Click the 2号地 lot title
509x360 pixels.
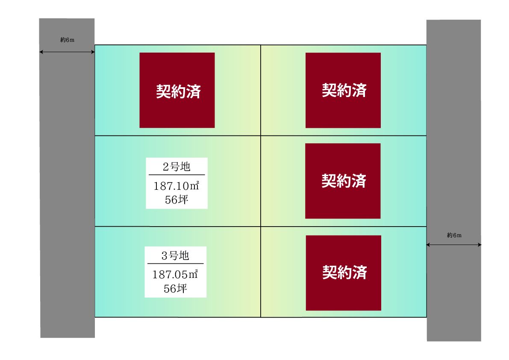(x=176, y=166)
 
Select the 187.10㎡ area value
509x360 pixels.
(x=176, y=186)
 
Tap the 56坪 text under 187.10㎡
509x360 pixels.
(x=176, y=200)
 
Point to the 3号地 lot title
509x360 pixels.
(x=175, y=256)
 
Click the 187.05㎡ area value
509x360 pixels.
(x=175, y=274)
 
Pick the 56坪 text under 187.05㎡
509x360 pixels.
(x=175, y=288)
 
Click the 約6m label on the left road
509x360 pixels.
(x=67, y=40)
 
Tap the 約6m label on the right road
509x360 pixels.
(x=454, y=235)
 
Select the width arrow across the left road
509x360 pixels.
(x=67, y=52)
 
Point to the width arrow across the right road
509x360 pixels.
(x=454, y=245)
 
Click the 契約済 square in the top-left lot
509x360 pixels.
(x=177, y=90)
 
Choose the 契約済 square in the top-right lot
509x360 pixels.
(x=343, y=90)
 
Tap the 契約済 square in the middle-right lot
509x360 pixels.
(x=343, y=181)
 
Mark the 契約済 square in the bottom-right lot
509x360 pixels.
(x=344, y=273)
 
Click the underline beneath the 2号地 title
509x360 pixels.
(x=177, y=174)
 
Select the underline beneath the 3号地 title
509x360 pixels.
(x=176, y=264)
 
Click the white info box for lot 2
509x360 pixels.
(x=177, y=183)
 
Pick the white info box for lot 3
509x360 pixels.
(x=176, y=272)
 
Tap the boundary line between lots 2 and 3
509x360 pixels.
(x=177, y=226)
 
